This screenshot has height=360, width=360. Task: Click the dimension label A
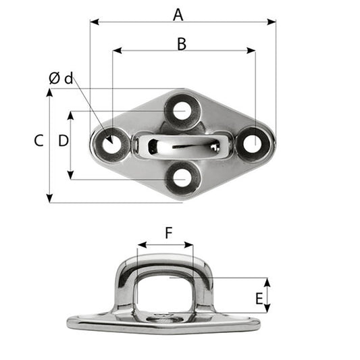178,13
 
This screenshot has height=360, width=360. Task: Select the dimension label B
181,43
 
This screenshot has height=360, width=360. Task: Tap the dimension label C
38,140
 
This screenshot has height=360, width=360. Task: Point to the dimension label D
63,140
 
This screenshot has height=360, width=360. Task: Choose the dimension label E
259,297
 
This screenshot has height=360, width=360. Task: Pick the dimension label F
168,233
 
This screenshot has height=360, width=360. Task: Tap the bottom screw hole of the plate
181,176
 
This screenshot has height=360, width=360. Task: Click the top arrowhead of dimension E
267,281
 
